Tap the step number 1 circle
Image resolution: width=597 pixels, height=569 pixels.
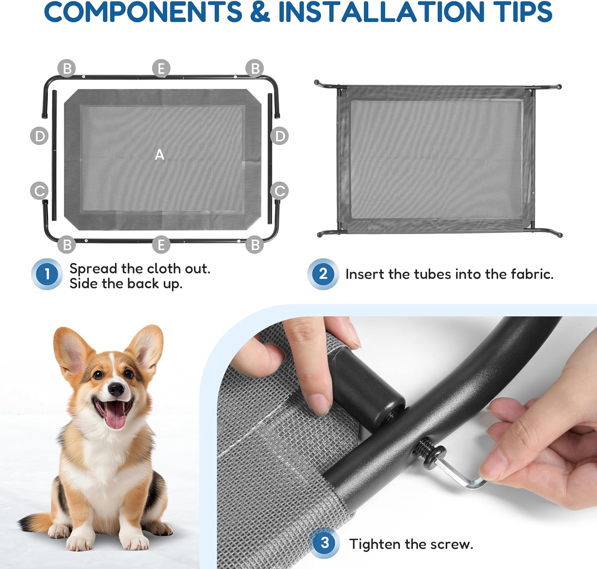click(x=47, y=274)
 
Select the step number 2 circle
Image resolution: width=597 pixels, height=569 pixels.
click(x=323, y=274)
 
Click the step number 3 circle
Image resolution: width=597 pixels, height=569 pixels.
click(x=324, y=543)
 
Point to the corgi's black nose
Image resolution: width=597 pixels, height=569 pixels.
click(x=116, y=389)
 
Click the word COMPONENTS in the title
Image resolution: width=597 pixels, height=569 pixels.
click(x=143, y=12)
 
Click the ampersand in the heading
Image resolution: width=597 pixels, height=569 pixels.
click(x=260, y=12)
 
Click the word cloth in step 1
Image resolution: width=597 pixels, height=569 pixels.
click(x=164, y=268)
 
